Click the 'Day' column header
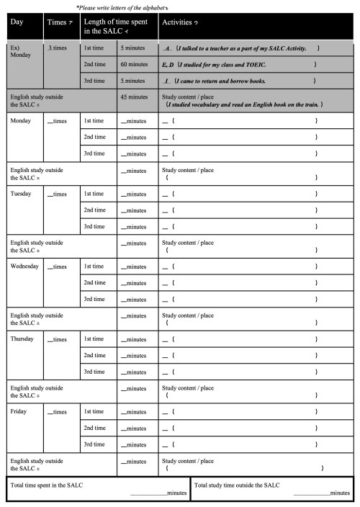point(17,23)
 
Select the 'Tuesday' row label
point(22,193)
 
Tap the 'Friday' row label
point(19,411)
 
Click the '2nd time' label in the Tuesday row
point(95,210)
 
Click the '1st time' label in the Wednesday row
point(95,266)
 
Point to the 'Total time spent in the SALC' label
point(47,485)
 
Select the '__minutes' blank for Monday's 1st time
point(134,120)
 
